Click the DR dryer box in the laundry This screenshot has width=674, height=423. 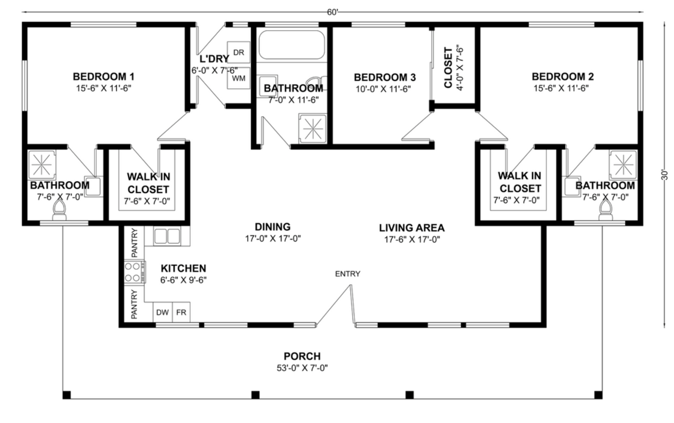[239, 52]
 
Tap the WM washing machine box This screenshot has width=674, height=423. [239, 78]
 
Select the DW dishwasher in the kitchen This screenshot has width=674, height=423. [162, 312]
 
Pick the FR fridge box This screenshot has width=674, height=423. [181, 312]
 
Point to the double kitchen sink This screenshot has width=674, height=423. [167, 236]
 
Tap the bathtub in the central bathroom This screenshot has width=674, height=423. [292, 45]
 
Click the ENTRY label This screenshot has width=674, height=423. [347, 274]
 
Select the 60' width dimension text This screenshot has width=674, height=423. [333, 12]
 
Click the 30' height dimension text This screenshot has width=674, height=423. [664, 175]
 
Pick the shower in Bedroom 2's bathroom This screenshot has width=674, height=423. [624, 165]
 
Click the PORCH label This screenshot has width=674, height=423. [302, 356]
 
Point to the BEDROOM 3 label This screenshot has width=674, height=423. [385, 77]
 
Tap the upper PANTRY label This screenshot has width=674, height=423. [134, 243]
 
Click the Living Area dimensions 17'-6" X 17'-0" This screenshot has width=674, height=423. [412, 239]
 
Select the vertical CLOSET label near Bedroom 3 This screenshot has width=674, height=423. [448, 68]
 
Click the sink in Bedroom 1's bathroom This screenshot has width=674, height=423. [93, 187]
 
